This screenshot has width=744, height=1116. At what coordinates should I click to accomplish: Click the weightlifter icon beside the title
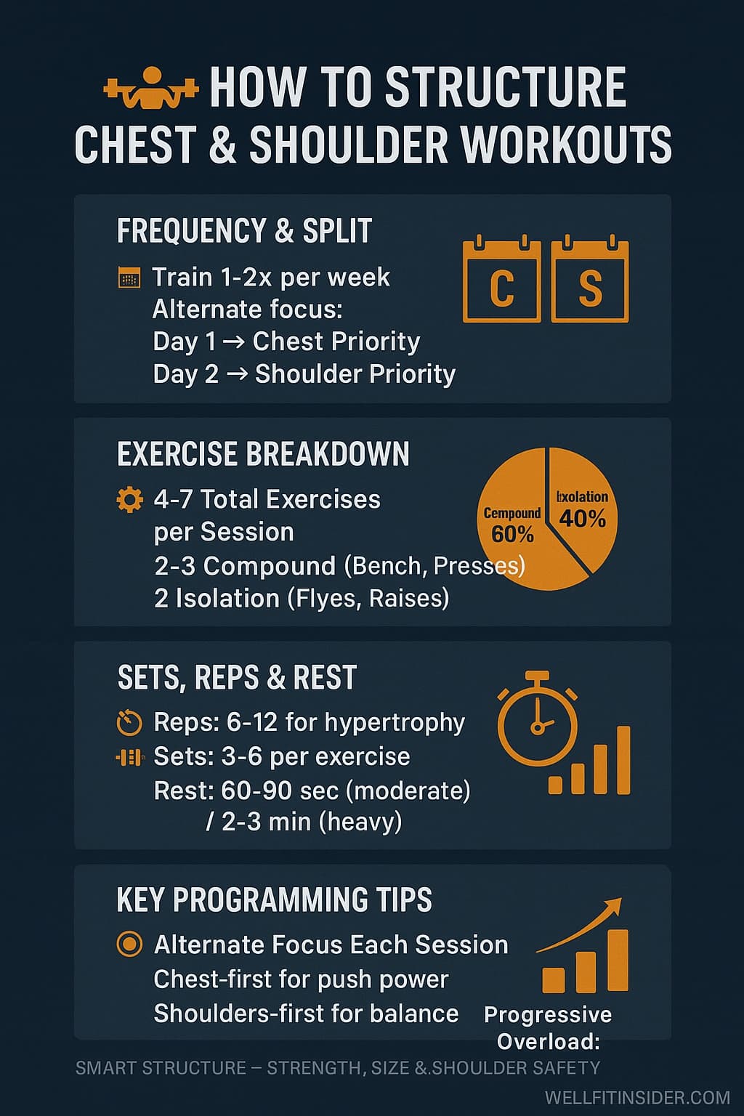pyautogui.click(x=151, y=88)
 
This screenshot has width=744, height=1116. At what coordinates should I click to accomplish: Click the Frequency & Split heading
pyautogui.click(x=244, y=231)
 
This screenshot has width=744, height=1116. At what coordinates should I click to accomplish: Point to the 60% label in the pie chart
pyautogui.click(x=512, y=534)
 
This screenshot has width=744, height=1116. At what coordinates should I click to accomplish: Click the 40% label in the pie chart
pyautogui.click(x=583, y=518)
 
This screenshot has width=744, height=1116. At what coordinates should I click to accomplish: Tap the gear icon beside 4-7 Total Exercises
pyautogui.click(x=129, y=500)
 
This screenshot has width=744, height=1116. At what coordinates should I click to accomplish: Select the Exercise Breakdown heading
pyautogui.click(x=263, y=454)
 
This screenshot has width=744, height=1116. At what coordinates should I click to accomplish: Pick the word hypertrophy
pyautogui.click(x=394, y=722)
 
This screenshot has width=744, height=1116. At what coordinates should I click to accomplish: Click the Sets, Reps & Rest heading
pyautogui.click(x=237, y=677)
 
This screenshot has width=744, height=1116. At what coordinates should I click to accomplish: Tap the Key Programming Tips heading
pyautogui.click(x=274, y=899)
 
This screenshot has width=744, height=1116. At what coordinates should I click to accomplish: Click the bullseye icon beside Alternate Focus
pyautogui.click(x=129, y=945)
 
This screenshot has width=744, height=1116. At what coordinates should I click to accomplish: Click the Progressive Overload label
pyautogui.click(x=548, y=1027)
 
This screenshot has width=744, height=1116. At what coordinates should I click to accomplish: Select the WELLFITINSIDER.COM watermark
pyautogui.click(x=636, y=1097)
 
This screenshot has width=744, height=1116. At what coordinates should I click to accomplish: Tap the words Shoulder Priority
pyautogui.click(x=355, y=374)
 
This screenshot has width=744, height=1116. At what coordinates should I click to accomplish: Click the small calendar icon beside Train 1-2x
pyautogui.click(x=129, y=278)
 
